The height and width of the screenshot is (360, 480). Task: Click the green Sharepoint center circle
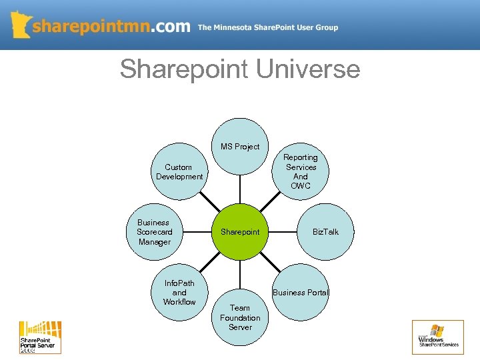pyautogui.click(x=240, y=232)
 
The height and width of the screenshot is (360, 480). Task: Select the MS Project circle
pyautogui.click(x=240, y=147)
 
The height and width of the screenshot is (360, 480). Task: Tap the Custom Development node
pyautogui.click(x=179, y=172)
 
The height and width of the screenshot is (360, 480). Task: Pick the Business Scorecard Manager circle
pyautogui.click(x=155, y=232)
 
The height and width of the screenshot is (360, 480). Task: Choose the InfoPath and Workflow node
pyautogui.click(x=179, y=293)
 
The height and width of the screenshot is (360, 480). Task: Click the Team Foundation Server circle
pyautogui.click(x=240, y=317)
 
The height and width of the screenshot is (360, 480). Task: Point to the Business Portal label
pyautogui.click(x=301, y=293)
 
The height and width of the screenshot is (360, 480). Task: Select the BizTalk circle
pyautogui.click(x=325, y=232)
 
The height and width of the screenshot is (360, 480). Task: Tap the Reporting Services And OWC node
pyautogui.click(x=301, y=171)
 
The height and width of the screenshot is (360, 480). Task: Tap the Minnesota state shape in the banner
pyautogui.click(x=21, y=24)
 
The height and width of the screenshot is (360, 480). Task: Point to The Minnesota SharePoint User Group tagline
pyautogui.click(x=268, y=28)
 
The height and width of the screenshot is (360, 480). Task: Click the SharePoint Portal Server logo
pyautogui.click(x=40, y=337)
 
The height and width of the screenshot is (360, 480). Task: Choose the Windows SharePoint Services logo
pyautogui.click(x=438, y=337)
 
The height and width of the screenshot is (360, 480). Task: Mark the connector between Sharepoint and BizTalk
pyautogui.click(x=282, y=232)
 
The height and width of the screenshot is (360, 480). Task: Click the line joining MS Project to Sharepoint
pyautogui.click(x=240, y=189)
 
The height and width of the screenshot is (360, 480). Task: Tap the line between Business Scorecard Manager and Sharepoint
pyautogui.click(x=197, y=232)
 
